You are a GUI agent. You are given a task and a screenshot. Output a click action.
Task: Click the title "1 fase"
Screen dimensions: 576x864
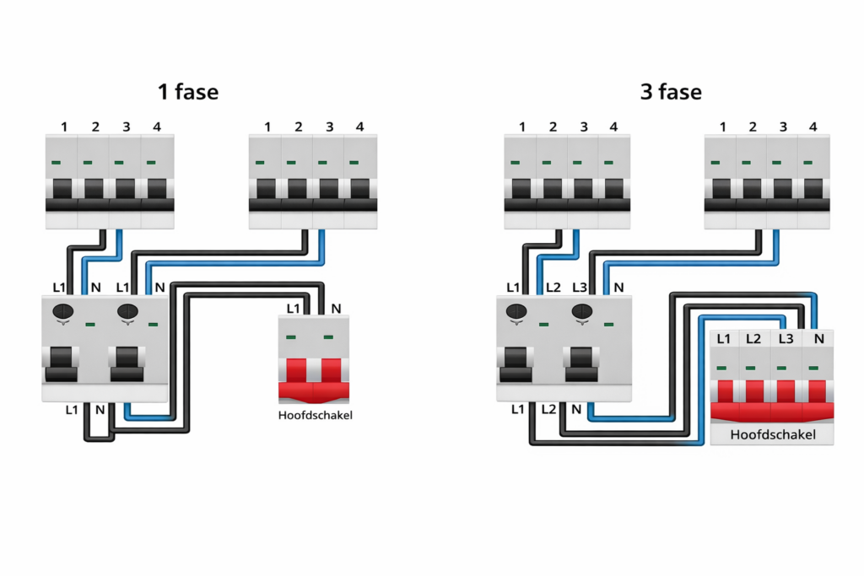pyautogui.click(x=187, y=91)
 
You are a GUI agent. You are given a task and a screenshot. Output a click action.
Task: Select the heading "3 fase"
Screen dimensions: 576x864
pyautogui.click(x=671, y=91)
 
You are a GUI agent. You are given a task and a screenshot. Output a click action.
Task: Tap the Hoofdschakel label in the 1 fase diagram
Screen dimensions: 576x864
pyautogui.click(x=315, y=415)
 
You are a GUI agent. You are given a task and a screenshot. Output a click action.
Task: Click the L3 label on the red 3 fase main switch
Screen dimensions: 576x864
pyautogui.click(x=786, y=339)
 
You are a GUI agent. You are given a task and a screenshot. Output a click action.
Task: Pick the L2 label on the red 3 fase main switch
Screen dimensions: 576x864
pyautogui.click(x=754, y=339)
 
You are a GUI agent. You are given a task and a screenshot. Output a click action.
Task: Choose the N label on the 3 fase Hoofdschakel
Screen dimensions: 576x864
pyautogui.click(x=817, y=339)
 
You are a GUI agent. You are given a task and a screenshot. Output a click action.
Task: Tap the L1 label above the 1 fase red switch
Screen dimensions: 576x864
pyautogui.click(x=293, y=309)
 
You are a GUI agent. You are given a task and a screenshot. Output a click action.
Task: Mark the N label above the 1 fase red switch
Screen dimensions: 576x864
pyautogui.click(x=336, y=309)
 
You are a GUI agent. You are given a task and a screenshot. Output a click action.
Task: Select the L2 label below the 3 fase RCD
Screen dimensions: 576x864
pyautogui.click(x=549, y=409)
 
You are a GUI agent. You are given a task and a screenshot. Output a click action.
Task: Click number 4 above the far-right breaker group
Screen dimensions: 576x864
pyautogui.click(x=813, y=127)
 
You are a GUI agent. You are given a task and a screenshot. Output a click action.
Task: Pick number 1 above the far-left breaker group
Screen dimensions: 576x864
pyautogui.click(x=64, y=127)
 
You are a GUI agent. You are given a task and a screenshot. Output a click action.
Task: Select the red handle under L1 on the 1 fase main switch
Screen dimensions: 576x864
pyautogui.click(x=297, y=370)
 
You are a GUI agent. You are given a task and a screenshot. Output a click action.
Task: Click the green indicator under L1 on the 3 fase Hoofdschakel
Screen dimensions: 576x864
pyautogui.click(x=723, y=369)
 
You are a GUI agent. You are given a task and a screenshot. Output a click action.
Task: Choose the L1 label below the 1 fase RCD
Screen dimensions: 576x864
pyautogui.click(x=72, y=409)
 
